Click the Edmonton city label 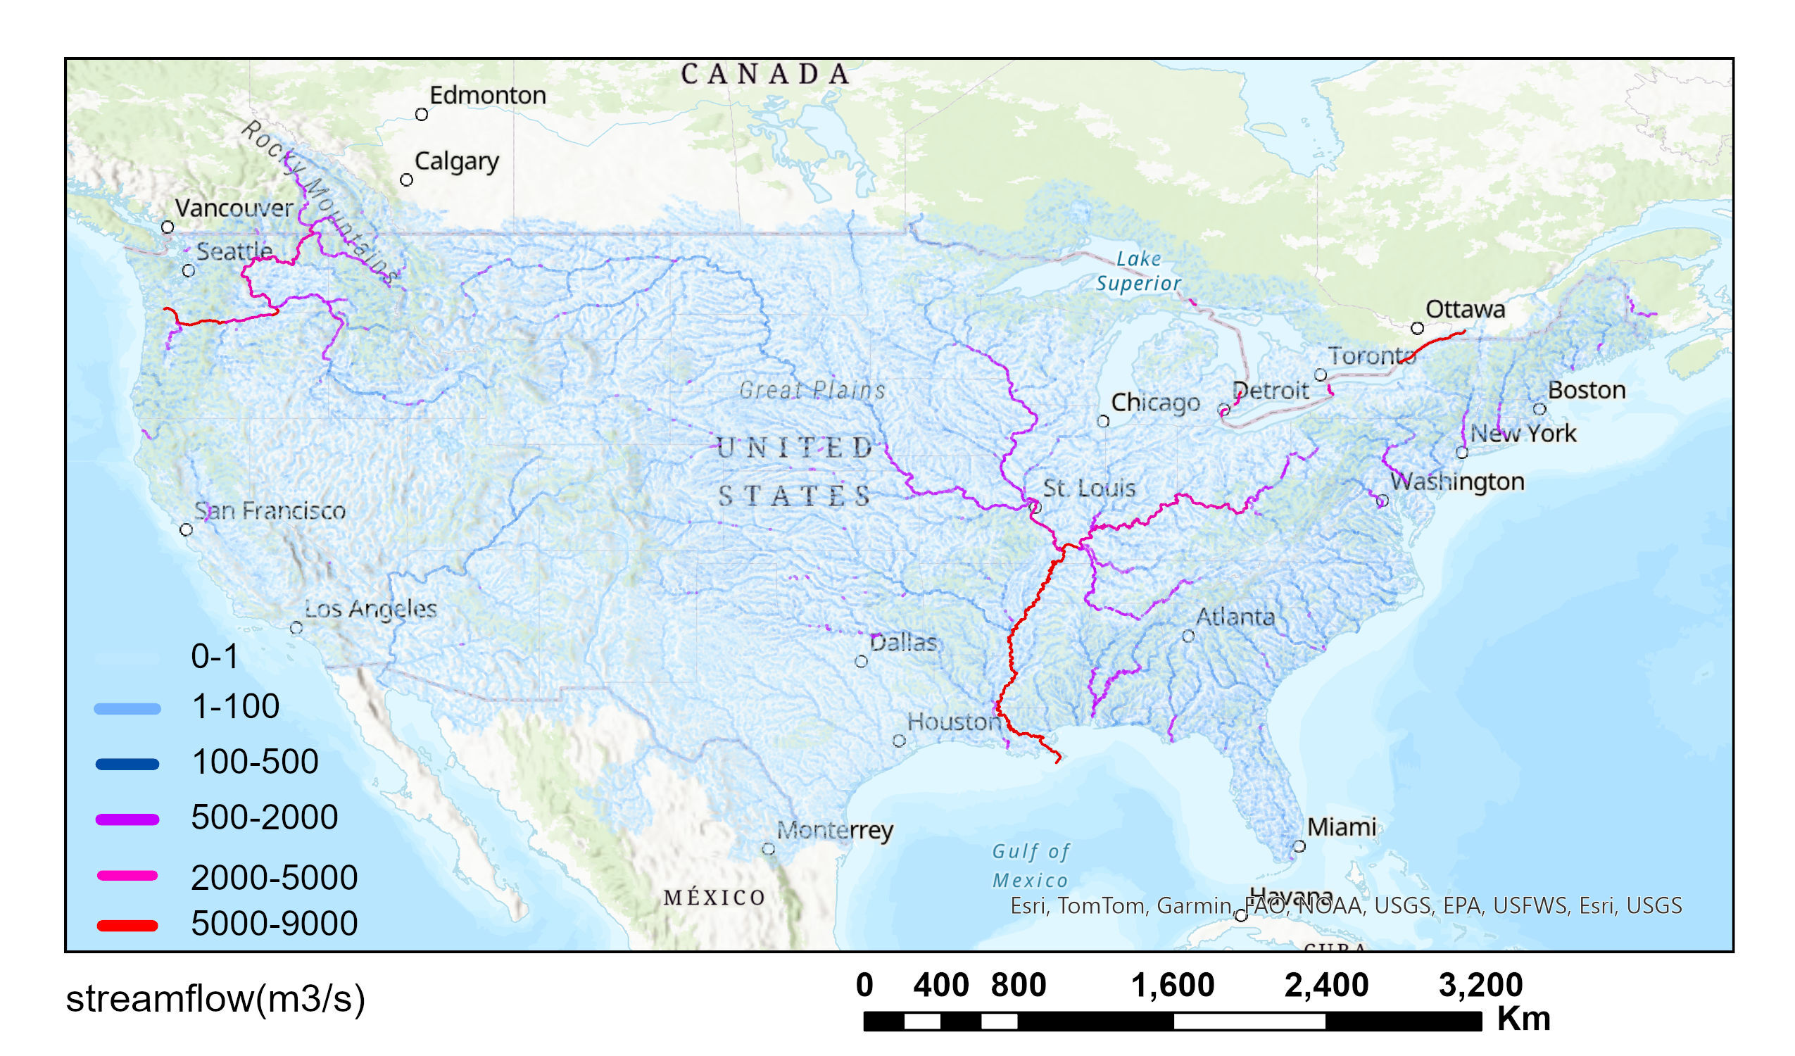point(487,96)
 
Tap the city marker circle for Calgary point(406,180)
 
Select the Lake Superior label point(1138,271)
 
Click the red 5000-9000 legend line point(127,926)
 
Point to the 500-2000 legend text point(264,817)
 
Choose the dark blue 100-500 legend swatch point(127,765)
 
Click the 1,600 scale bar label point(1173,986)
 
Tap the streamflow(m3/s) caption point(215,999)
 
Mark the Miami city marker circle point(1299,846)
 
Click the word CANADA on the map point(766,74)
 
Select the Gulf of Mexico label point(1030,866)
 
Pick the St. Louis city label point(1088,488)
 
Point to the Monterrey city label point(834,831)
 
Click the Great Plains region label point(812,390)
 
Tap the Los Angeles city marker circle point(296,628)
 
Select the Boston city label point(1587,390)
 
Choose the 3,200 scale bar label point(1480,986)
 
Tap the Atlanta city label point(1235,617)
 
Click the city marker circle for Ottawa point(1418,329)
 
